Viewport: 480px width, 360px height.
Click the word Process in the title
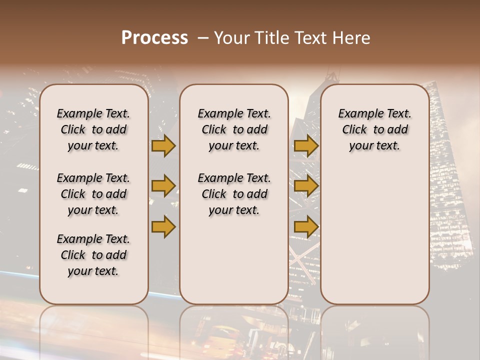[154, 38]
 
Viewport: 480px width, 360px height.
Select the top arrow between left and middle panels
[163, 146]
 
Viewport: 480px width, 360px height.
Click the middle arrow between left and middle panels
[163, 186]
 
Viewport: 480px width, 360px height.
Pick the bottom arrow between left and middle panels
[163, 226]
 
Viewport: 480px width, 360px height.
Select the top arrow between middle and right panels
[306, 146]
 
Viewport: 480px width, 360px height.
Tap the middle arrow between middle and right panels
[306, 186]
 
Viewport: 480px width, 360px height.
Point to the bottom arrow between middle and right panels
[306, 226]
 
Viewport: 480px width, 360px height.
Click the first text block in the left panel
[93, 129]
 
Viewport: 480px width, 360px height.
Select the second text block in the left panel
[93, 194]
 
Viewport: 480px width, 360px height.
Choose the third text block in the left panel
[93, 255]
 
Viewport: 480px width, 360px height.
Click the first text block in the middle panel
[234, 129]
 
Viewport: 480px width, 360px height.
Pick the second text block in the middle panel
[234, 194]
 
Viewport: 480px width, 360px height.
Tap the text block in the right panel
[375, 129]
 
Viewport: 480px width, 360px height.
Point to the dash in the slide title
[203, 38]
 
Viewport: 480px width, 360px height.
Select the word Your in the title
[230, 38]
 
